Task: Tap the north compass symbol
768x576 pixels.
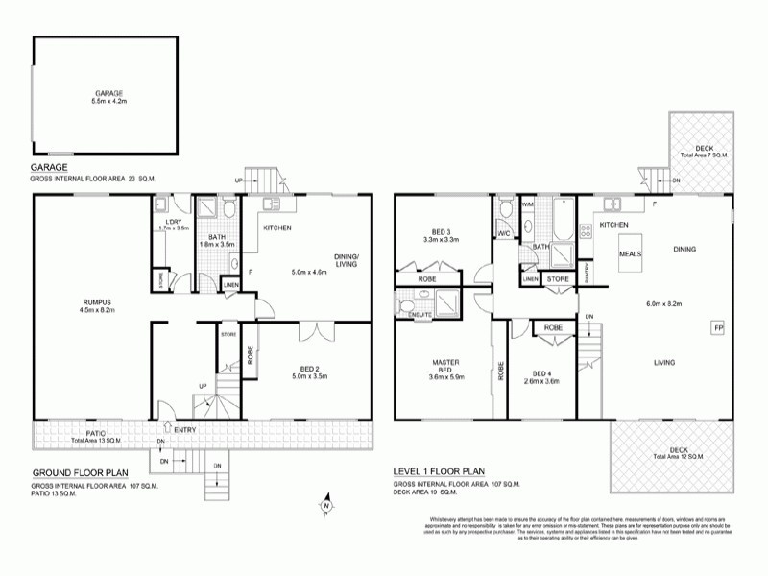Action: click(326, 504)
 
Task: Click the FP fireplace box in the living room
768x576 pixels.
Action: click(717, 329)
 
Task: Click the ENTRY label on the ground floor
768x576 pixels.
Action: click(185, 429)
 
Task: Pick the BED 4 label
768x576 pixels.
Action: click(542, 373)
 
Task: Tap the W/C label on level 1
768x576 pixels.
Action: click(504, 232)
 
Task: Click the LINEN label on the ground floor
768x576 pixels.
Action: click(229, 286)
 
